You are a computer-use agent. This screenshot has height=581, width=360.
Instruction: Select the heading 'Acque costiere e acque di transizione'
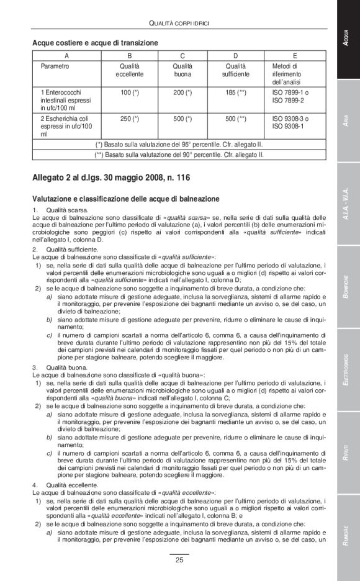tap(95, 43)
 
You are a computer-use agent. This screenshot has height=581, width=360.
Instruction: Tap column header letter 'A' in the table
tap(67, 55)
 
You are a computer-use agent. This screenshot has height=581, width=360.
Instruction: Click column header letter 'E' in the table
tap(294, 55)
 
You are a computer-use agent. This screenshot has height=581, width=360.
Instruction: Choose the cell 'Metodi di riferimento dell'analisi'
tap(287, 74)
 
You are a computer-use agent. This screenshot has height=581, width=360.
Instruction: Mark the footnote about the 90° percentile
tap(179, 154)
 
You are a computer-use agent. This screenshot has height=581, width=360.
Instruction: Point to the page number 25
tap(179, 561)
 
